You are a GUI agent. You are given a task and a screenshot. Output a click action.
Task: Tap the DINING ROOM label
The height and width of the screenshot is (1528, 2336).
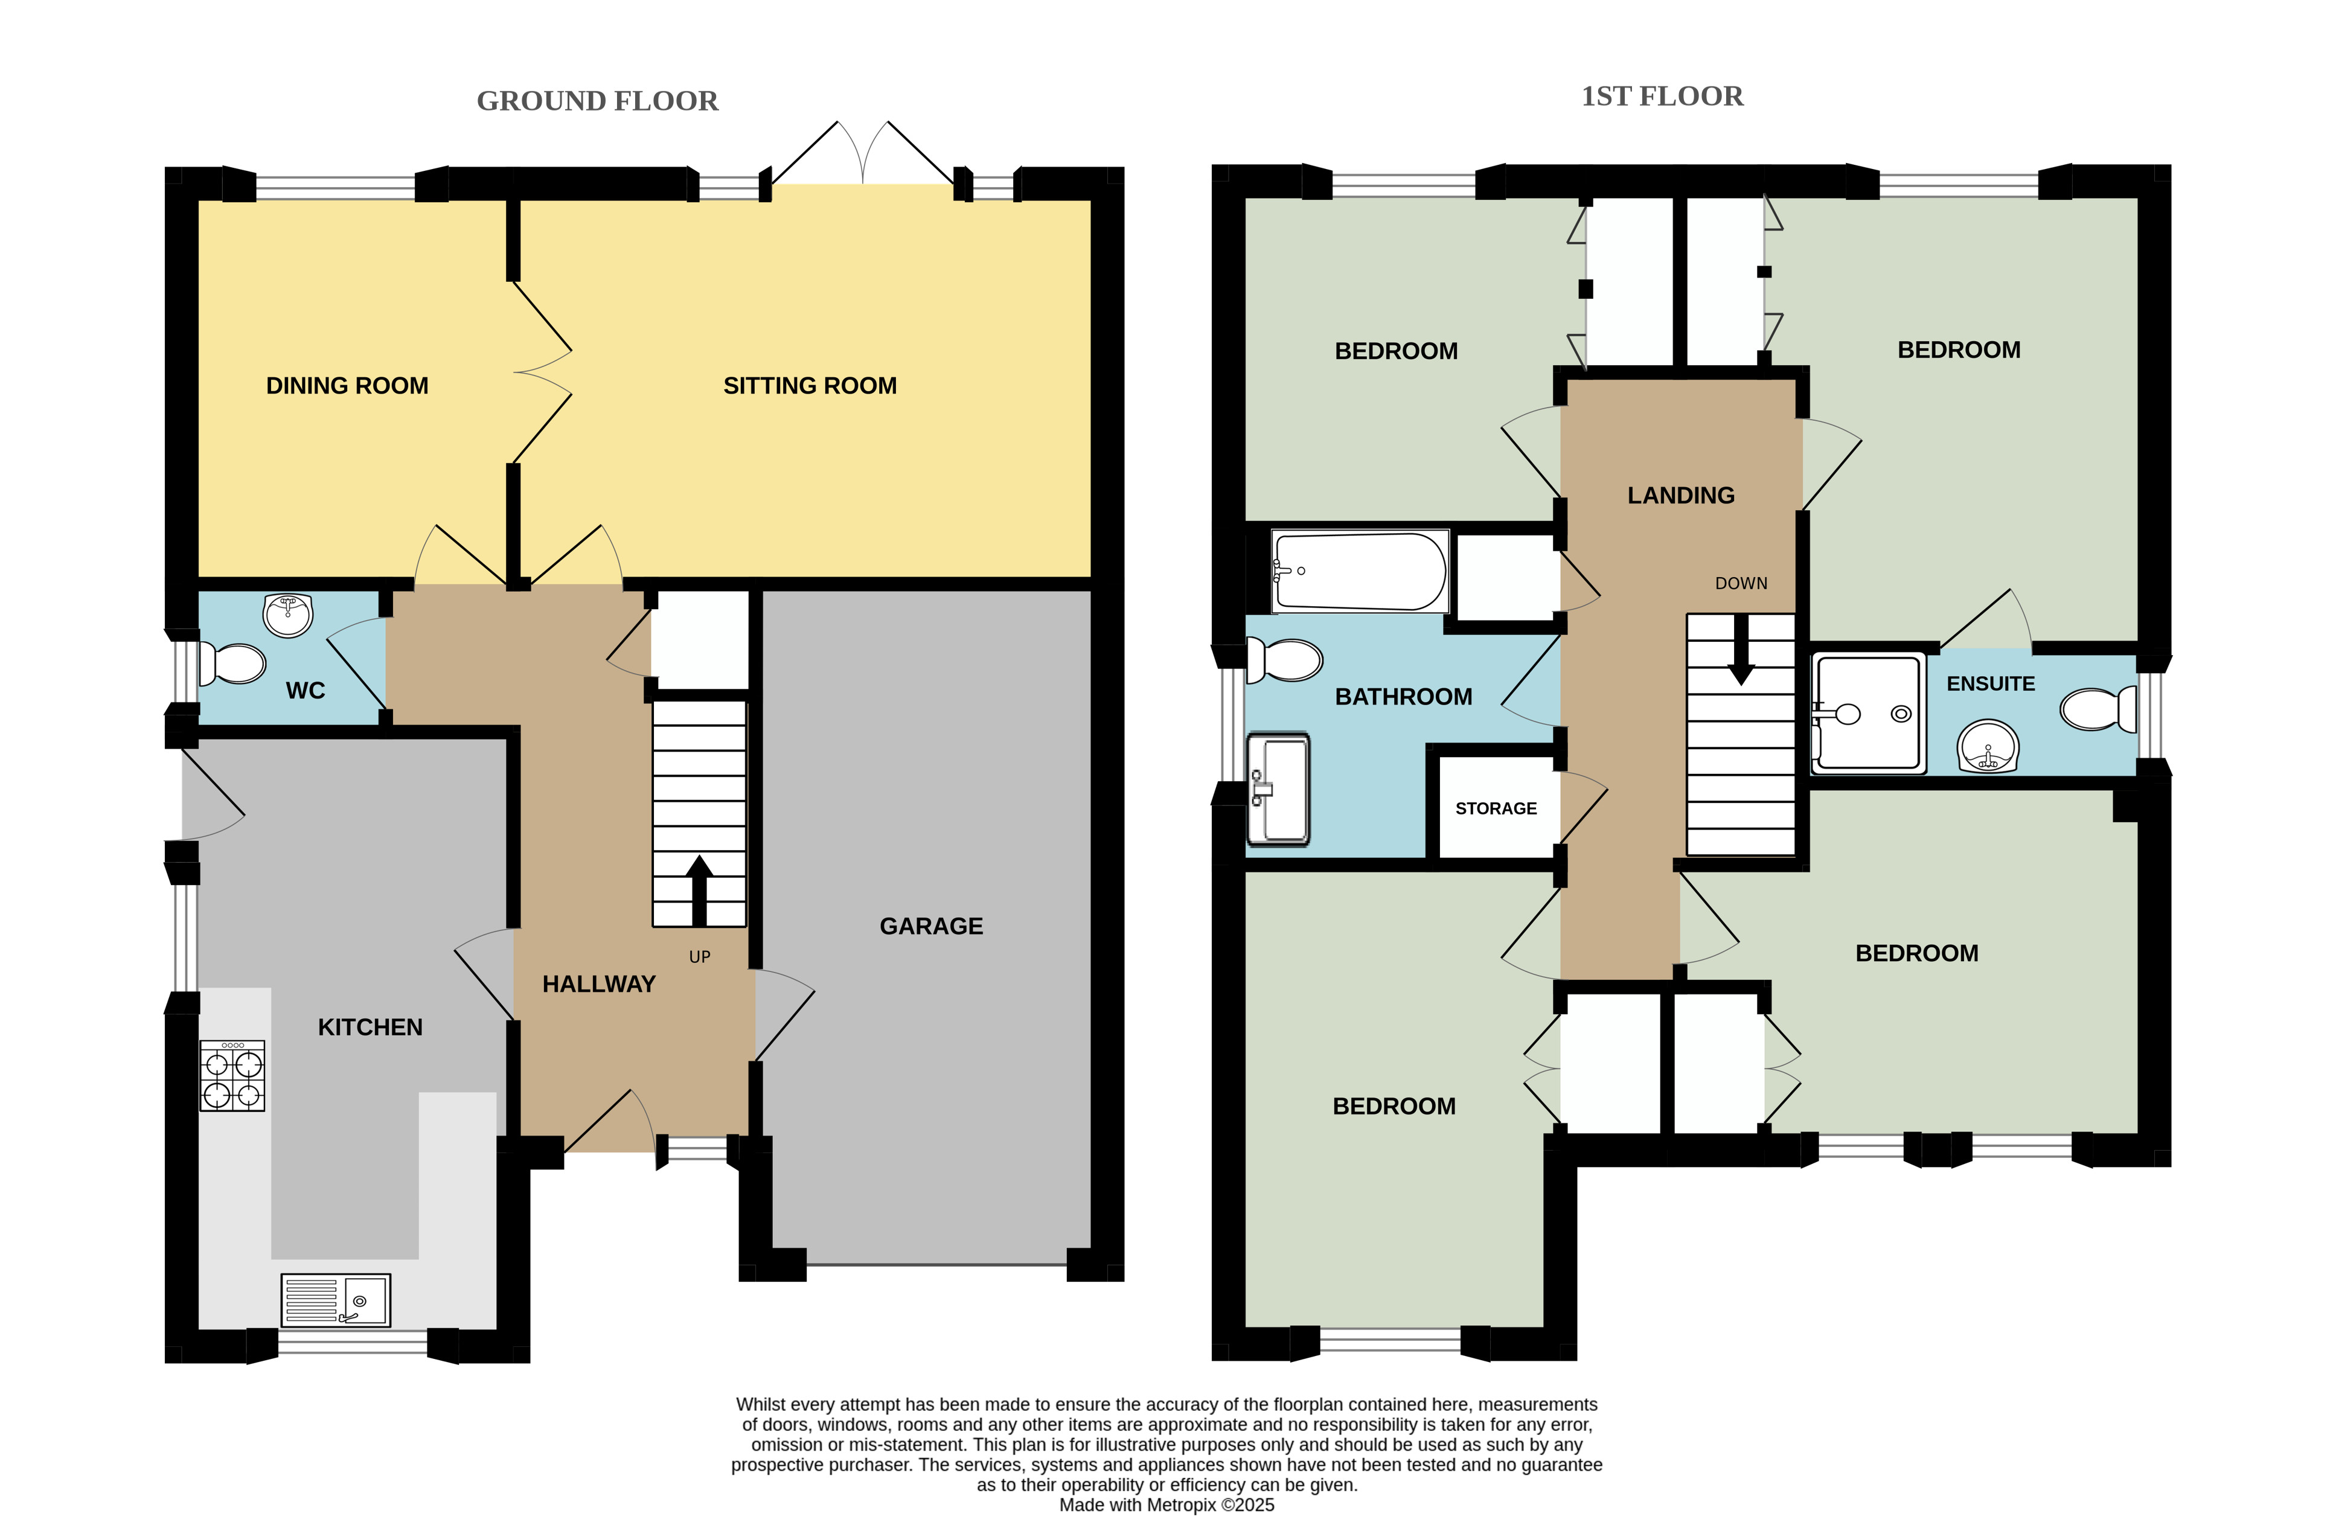click(347, 386)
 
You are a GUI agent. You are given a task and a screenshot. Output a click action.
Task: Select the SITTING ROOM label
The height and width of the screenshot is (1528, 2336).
click(810, 386)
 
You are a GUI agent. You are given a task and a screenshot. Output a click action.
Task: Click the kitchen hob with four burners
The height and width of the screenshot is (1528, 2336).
click(232, 1076)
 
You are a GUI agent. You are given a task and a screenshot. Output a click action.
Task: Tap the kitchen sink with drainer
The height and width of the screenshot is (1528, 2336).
click(336, 1300)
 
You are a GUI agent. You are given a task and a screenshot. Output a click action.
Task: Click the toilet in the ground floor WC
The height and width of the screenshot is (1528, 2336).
click(232, 663)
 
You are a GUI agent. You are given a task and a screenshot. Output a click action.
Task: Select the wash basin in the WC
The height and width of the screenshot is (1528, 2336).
click(287, 615)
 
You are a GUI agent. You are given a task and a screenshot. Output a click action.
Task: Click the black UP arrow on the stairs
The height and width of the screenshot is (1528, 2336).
click(699, 890)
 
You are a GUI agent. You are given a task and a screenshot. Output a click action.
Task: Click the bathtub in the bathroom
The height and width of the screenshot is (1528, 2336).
click(1359, 571)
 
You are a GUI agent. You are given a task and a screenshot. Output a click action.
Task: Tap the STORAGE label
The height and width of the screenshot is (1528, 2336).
click(1496, 808)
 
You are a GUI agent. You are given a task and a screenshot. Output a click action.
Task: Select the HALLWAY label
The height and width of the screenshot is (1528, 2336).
click(599, 984)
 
